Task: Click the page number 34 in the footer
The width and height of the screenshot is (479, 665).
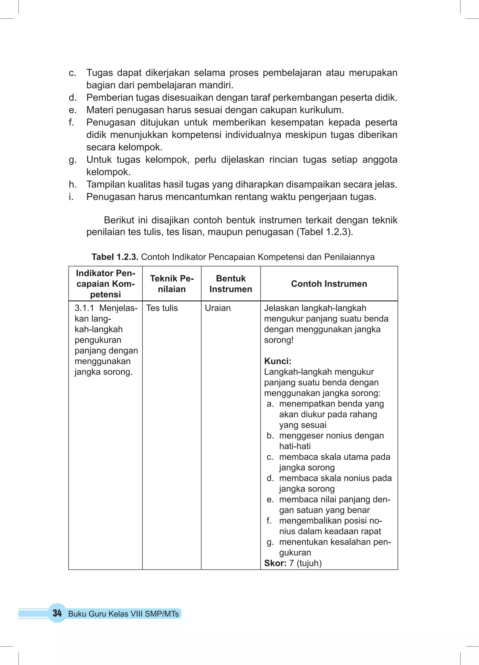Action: [57, 613]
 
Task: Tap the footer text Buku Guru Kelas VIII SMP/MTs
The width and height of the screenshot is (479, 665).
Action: [123, 614]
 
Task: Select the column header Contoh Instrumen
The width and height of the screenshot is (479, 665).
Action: [329, 284]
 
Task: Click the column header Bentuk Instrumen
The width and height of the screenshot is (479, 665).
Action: [231, 284]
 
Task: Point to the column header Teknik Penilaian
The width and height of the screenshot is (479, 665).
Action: [172, 284]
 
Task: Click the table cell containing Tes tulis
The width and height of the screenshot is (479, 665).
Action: [162, 308]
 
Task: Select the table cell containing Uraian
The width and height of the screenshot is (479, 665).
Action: [218, 308]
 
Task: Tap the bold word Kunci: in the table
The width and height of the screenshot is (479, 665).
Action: [278, 361]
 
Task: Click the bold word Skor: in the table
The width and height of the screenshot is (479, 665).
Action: [275, 563]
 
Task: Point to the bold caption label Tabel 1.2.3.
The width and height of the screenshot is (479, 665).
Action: [115, 257]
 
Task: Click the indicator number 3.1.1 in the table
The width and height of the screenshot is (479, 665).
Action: [84, 308]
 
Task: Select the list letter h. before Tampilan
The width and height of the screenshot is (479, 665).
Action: [73, 184]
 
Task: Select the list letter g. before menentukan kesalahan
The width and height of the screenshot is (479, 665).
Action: [270, 542]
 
